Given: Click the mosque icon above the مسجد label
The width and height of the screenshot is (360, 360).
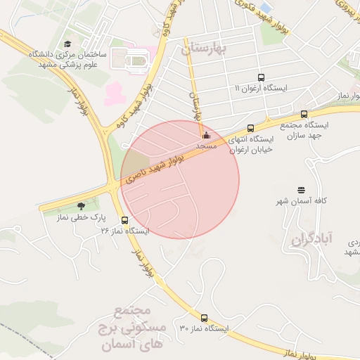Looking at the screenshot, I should tap(206, 135).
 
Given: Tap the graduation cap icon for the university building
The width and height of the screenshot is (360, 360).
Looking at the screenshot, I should tap(67, 44).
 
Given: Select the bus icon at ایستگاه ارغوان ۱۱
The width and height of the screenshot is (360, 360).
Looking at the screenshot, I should tap(262, 78).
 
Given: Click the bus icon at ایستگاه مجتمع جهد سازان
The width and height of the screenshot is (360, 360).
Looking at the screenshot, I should tap(304, 114).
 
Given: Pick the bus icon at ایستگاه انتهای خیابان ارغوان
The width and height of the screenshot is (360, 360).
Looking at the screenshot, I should tap(251, 127).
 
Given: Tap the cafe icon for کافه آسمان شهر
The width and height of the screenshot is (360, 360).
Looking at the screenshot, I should tap(302, 190).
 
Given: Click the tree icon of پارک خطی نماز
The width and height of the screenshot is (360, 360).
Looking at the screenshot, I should tap(82, 206).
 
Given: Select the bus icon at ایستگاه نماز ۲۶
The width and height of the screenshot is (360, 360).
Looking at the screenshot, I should tap(124, 220).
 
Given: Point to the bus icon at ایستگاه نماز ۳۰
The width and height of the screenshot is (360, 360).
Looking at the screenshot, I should tap(205, 318).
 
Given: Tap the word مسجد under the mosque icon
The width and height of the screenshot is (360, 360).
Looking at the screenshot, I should tap(206, 146).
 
